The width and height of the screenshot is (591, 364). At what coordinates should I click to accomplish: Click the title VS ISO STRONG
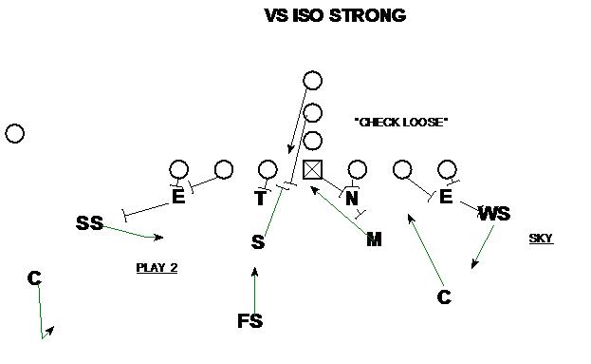tap(335, 15)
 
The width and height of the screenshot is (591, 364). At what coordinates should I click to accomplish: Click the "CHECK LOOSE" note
tap(399, 122)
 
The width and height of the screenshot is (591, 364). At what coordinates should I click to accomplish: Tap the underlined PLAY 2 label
tap(157, 268)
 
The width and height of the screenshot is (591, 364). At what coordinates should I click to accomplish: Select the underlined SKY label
tap(541, 239)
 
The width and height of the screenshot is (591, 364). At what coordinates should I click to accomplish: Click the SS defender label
tap(89, 223)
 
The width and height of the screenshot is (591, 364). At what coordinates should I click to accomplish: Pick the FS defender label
tap(249, 321)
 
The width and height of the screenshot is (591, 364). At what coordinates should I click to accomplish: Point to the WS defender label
tap(494, 214)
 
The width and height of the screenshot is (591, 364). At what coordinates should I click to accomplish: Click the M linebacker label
tap(374, 239)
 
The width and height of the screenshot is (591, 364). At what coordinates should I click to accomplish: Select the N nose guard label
tap(352, 198)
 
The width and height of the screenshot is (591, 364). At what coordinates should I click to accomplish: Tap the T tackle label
tap(260, 198)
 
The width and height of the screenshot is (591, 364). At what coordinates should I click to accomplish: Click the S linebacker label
tap(257, 242)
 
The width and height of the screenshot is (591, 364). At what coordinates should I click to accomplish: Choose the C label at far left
tap(34, 278)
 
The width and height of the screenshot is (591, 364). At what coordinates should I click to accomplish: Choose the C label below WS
tap(444, 297)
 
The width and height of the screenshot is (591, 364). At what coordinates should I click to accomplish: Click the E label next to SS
tap(178, 198)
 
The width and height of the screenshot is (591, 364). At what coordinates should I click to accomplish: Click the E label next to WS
tap(446, 198)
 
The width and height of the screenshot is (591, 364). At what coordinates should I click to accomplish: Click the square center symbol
tap(313, 170)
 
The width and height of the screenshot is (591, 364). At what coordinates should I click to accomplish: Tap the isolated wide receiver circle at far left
tap(14, 133)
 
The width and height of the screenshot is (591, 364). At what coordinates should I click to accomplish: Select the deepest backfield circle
tap(313, 81)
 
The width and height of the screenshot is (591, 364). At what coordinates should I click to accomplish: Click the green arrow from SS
tap(133, 232)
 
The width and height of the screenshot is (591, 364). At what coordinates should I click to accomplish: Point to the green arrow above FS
tap(254, 288)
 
